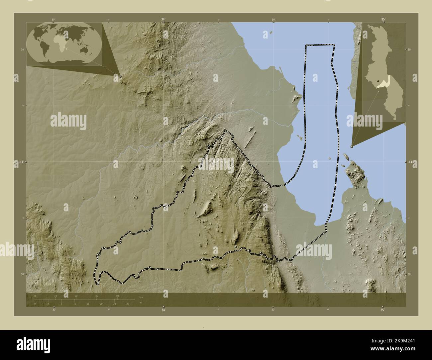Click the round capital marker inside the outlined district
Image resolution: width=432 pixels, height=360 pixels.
pyautogui.click(x=236, y=247)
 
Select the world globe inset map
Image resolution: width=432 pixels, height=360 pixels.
pyautogui.click(x=64, y=44)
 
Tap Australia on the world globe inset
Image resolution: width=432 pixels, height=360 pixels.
pyautogui.click(x=89, y=50)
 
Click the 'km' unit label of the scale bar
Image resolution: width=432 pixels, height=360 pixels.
pyautogui.click(x=141, y=297)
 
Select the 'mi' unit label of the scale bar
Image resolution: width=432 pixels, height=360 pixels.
pyautogui.click(x=141, y=303)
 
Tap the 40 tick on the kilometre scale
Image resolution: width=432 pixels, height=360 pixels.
pyautogui.click(x=117, y=296)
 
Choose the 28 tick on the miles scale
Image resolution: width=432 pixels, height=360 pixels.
pyautogui.click(x=128, y=304)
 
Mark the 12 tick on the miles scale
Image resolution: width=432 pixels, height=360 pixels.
pyautogui.click(x=75, y=304)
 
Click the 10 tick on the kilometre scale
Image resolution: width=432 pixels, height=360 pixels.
pyautogui.click(x=56, y=296)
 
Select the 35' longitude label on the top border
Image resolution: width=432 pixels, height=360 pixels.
pyautogui.click(x=383, y=20)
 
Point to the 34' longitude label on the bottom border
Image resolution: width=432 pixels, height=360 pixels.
pyautogui.click(x=163, y=310)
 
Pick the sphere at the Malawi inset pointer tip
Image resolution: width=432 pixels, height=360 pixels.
pyautogui.click(x=352, y=146)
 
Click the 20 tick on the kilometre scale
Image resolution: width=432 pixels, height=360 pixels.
pyautogui.click(x=76, y=296)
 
